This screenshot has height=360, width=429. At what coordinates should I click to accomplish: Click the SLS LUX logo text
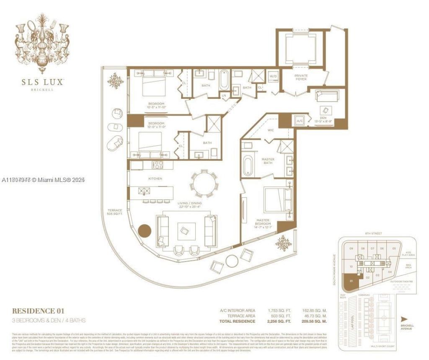click(x=42, y=82)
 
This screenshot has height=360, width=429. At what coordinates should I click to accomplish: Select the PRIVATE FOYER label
click(x=301, y=78)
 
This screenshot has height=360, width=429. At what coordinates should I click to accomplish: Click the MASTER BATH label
click(x=268, y=162)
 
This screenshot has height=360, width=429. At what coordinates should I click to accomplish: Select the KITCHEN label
click(x=143, y=179)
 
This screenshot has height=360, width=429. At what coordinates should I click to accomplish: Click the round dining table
click(x=204, y=183)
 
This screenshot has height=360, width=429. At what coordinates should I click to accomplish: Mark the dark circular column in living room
click(x=144, y=231)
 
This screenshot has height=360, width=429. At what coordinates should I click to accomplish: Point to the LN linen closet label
click(x=225, y=95)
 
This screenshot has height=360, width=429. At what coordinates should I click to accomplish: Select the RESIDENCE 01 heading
click(x=39, y=311)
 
